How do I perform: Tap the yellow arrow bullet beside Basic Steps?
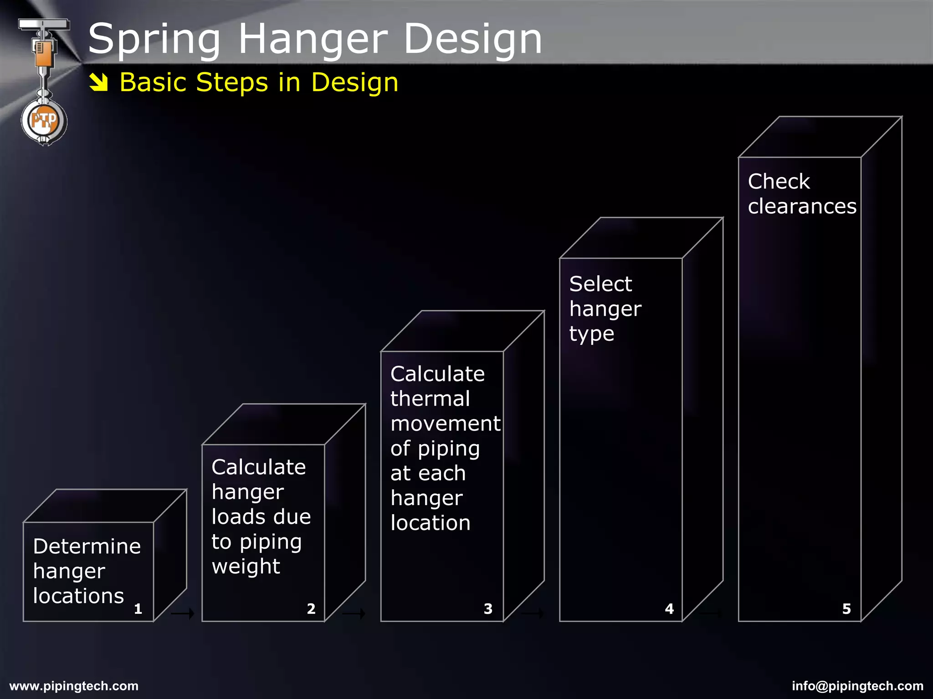pos(98,82)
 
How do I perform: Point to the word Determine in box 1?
pos(87,546)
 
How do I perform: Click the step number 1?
pos(138,609)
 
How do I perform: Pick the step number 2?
pos(311,609)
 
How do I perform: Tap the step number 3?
pos(488,609)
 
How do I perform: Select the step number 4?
pos(669,609)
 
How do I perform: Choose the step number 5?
pos(846,609)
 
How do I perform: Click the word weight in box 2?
pos(246,567)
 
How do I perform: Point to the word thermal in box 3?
pos(430,399)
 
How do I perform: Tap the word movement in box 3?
pos(446,424)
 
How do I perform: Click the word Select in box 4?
pos(600,284)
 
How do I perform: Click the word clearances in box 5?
pos(802,207)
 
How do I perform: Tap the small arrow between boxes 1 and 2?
pos(182,614)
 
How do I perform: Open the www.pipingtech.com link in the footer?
pos(74,686)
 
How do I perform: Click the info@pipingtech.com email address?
pos(857,686)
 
